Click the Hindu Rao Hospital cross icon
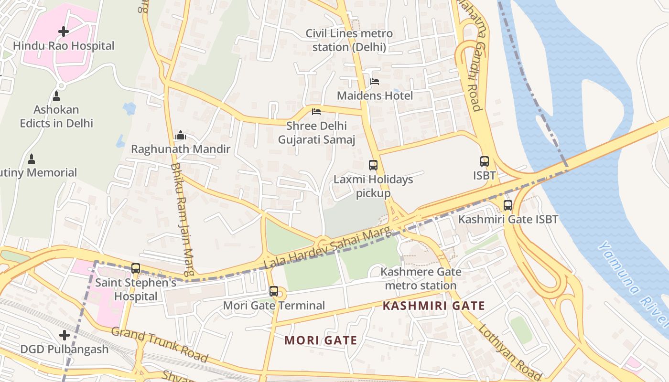click(64, 32)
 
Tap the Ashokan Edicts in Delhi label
click(56, 117)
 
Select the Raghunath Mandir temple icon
click(180, 136)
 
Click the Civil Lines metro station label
click(349, 41)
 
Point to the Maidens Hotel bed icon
click(375, 82)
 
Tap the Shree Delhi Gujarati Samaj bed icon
click(316, 112)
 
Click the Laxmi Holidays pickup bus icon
click(373, 165)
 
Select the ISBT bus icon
click(485, 161)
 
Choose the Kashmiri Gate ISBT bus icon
click(507, 205)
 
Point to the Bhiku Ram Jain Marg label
click(182, 220)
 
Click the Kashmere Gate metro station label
click(421, 279)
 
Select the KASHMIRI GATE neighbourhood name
click(434, 306)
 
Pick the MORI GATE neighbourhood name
click(321, 340)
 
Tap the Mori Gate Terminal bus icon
click(274, 291)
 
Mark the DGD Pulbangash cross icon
click(64, 336)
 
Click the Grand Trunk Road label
click(160, 344)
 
